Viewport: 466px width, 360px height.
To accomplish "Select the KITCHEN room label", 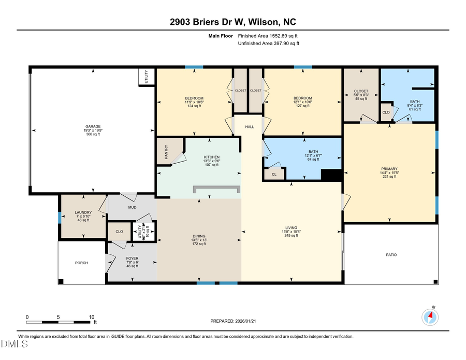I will pyautogui.click(x=211, y=157).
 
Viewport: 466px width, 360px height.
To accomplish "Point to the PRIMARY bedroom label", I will pyautogui.click(x=389, y=169).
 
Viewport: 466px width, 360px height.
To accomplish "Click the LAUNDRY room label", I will pyautogui.click(x=83, y=212).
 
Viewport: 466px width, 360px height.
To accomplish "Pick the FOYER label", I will pyautogui.click(x=133, y=257).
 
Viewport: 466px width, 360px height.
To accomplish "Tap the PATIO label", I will pyautogui.click(x=391, y=255).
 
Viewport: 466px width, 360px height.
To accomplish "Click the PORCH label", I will pyautogui.click(x=81, y=263).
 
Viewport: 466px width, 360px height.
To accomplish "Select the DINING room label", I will pyautogui.click(x=199, y=237).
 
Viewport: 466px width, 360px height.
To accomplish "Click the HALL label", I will pyautogui.click(x=250, y=126).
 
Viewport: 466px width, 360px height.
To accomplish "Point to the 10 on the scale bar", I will pyautogui.click(x=91, y=317).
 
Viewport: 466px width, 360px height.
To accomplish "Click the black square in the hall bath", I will pyautogui.click(x=331, y=176).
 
